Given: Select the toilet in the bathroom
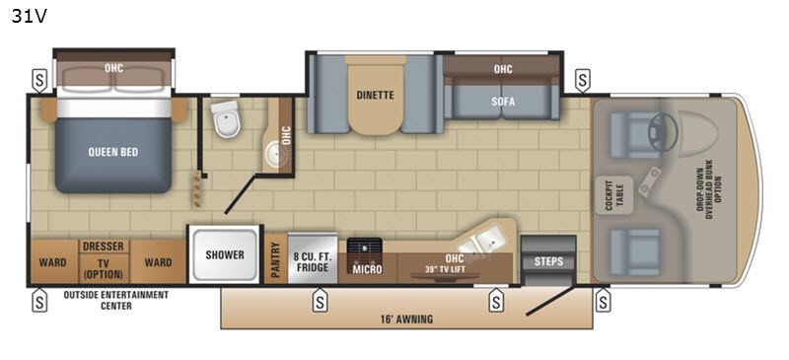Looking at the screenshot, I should [228, 120].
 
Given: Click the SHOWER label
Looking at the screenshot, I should [225, 254].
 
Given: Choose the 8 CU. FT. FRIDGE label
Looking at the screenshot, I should [315, 261].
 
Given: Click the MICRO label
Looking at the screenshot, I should [367, 268].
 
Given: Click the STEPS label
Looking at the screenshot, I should [548, 261].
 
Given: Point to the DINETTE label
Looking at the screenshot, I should [375, 96].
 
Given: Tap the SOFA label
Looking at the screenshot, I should [503, 101].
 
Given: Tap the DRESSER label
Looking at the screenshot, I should [103, 247].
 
